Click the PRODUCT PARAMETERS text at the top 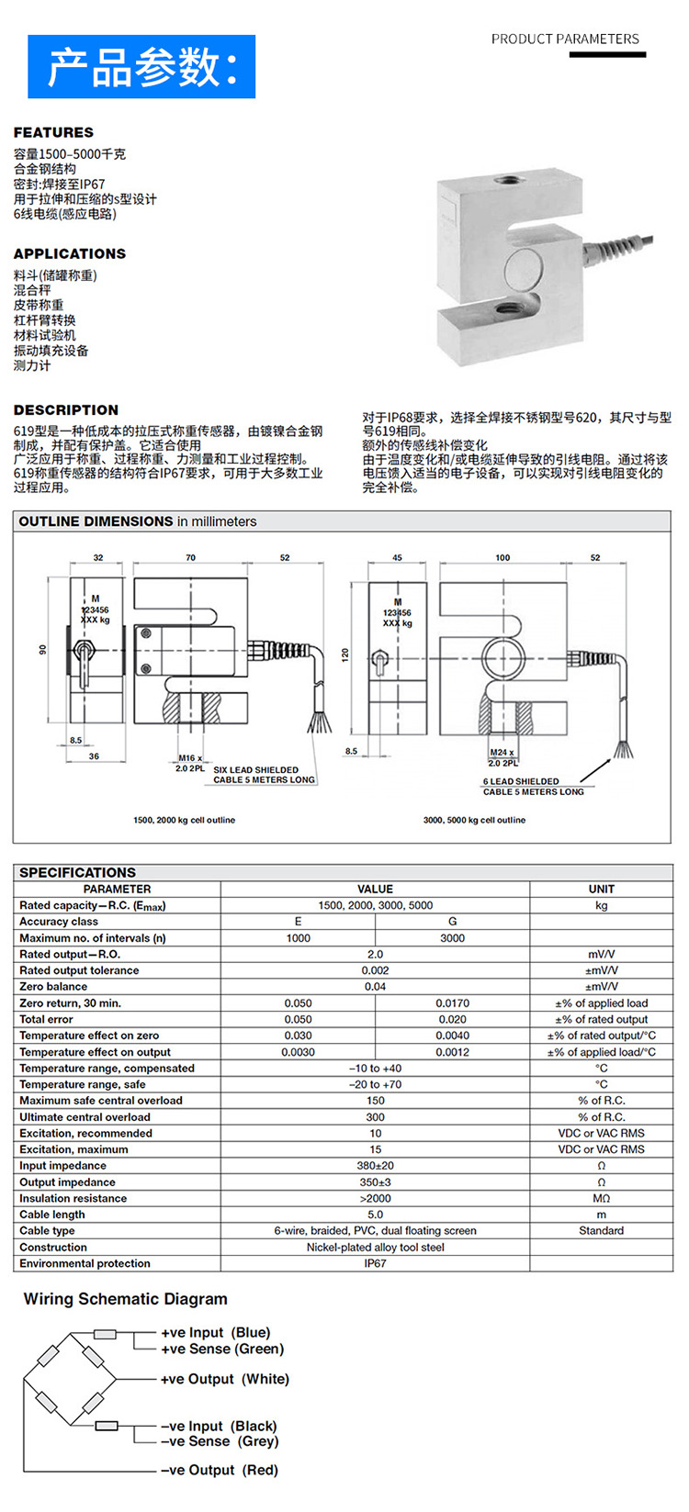click(x=565, y=39)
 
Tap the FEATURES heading click(x=53, y=132)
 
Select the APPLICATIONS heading click(x=70, y=253)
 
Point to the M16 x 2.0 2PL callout click(x=191, y=763)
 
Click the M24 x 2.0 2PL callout click(x=503, y=757)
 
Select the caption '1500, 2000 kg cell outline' click(x=184, y=820)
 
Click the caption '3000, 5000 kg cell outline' click(x=474, y=820)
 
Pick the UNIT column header click(x=601, y=889)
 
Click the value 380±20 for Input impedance click(x=375, y=1166)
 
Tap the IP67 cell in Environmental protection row click(x=375, y=1263)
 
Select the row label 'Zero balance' click(x=53, y=987)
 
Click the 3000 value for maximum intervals click(x=452, y=938)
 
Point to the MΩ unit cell click(x=601, y=1198)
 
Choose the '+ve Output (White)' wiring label click(x=225, y=1379)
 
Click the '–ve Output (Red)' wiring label click(x=220, y=1470)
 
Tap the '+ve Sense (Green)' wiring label click(x=222, y=1349)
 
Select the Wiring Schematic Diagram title click(x=125, y=1299)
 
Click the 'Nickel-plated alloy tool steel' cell click(x=375, y=1247)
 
